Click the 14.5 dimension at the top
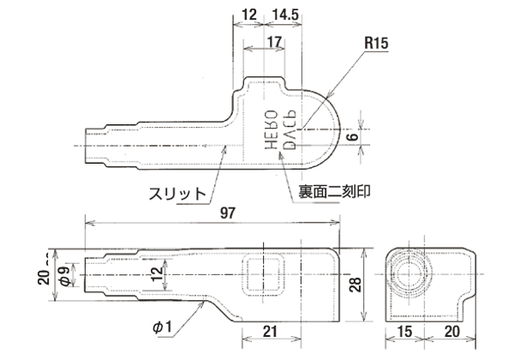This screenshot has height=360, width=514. pos(284,15)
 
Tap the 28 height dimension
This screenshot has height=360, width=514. pos(356,283)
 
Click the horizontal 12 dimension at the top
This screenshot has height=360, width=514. pos(249,15)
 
